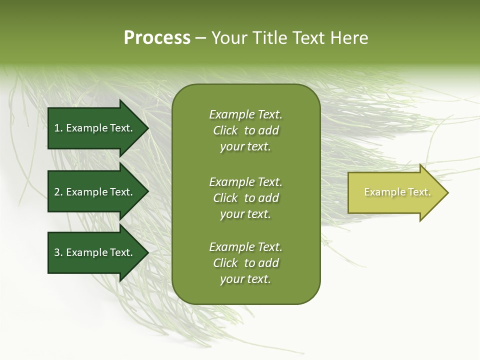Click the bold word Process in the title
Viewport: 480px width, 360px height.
[x=157, y=38]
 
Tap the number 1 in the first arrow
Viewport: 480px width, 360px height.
[x=57, y=128]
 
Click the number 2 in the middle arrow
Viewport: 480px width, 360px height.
[x=57, y=192]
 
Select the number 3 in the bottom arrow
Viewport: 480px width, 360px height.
[x=57, y=252]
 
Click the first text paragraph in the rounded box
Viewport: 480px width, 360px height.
[x=245, y=130]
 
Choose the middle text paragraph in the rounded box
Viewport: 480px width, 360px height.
[x=245, y=198]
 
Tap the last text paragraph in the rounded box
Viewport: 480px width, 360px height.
[x=245, y=263]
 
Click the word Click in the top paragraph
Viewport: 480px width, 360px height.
[x=225, y=130]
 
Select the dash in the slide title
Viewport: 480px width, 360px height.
[x=200, y=38]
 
